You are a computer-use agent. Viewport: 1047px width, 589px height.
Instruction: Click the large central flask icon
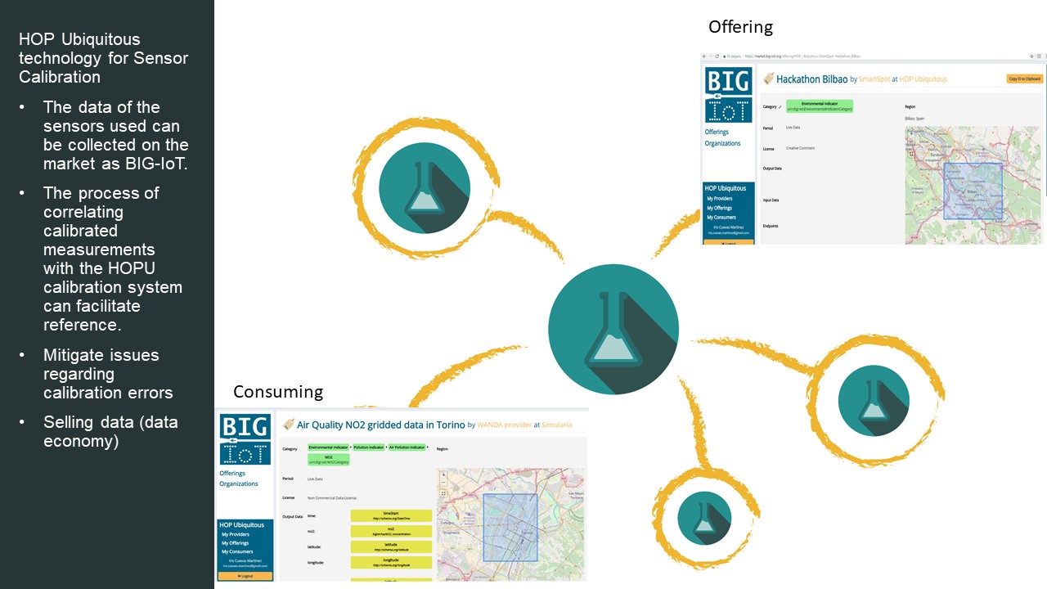pyautogui.click(x=613, y=329)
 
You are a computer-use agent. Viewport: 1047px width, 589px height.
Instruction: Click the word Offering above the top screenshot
pyautogui.click(x=740, y=27)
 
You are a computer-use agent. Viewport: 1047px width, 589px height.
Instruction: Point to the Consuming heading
pyautogui.click(x=278, y=392)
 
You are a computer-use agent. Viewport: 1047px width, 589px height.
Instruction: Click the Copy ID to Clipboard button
pyautogui.click(x=1025, y=79)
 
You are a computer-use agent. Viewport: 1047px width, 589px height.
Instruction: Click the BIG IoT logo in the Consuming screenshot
pyautogui.click(x=245, y=440)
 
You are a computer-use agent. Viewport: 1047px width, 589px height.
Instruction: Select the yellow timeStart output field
pyautogui.click(x=391, y=515)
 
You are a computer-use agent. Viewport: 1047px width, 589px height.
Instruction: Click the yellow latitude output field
pyautogui.click(x=391, y=546)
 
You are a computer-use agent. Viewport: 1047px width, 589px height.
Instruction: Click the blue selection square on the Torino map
pyautogui.click(x=510, y=527)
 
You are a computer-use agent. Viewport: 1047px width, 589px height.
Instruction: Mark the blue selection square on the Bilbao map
pyautogui.click(x=973, y=191)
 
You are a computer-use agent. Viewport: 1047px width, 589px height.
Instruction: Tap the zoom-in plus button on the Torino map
pyautogui.click(x=443, y=474)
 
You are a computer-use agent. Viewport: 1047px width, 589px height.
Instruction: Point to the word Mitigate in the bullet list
pyautogui.click(x=73, y=355)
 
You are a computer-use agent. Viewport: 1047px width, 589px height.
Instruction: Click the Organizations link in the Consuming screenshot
pyautogui.click(x=239, y=483)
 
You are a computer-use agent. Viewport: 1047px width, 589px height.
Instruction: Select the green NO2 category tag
pyautogui.click(x=328, y=460)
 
